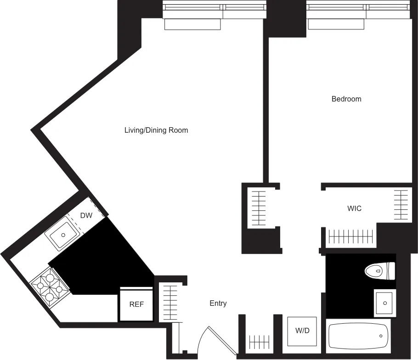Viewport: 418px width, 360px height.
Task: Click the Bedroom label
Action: pyautogui.click(x=346, y=99)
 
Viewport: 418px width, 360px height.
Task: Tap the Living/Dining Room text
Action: pyautogui.click(x=156, y=130)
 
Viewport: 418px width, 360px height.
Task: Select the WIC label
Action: pyautogui.click(x=354, y=208)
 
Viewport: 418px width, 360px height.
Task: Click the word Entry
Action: pyautogui.click(x=218, y=304)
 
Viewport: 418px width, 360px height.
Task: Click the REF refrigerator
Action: pyautogui.click(x=136, y=304)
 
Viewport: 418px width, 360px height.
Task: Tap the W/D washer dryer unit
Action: pyautogui.click(x=302, y=331)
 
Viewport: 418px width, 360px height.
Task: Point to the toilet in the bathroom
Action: pyautogui.click(x=379, y=270)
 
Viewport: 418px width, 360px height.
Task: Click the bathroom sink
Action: pyautogui.click(x=384, y=303)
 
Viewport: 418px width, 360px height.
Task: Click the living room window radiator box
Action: pyautogui.click(x=192, y=24)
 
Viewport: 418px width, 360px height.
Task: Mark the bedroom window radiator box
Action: pyautogui.click(x=336, y=24)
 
